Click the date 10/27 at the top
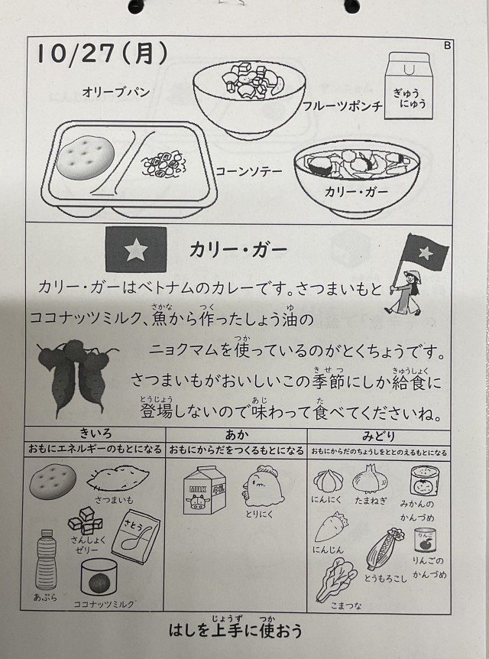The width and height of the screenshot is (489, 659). coord(76,54)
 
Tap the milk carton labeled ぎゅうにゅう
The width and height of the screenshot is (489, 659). coord(408,86)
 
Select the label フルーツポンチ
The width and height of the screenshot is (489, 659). coord(342,106)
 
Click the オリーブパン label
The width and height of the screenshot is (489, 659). coord(116,92)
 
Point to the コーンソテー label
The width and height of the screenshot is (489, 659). coord(248,171)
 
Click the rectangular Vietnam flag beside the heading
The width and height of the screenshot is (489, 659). coord(136,250)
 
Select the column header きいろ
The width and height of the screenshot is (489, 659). coord(96,433)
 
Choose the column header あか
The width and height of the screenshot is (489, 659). coord(237,434)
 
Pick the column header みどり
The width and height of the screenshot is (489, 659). coord(378,436)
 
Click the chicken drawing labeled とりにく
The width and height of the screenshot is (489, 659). coord(263,485)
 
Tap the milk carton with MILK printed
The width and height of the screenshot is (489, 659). coord(205,490)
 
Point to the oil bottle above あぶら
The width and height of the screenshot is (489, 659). coord(46,560)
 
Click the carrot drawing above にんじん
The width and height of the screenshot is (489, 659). coord(330,527)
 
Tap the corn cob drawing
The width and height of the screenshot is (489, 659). coord(384,548)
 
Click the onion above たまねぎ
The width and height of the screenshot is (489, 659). coord(370,479)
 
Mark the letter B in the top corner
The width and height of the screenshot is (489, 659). coord(447,45)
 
